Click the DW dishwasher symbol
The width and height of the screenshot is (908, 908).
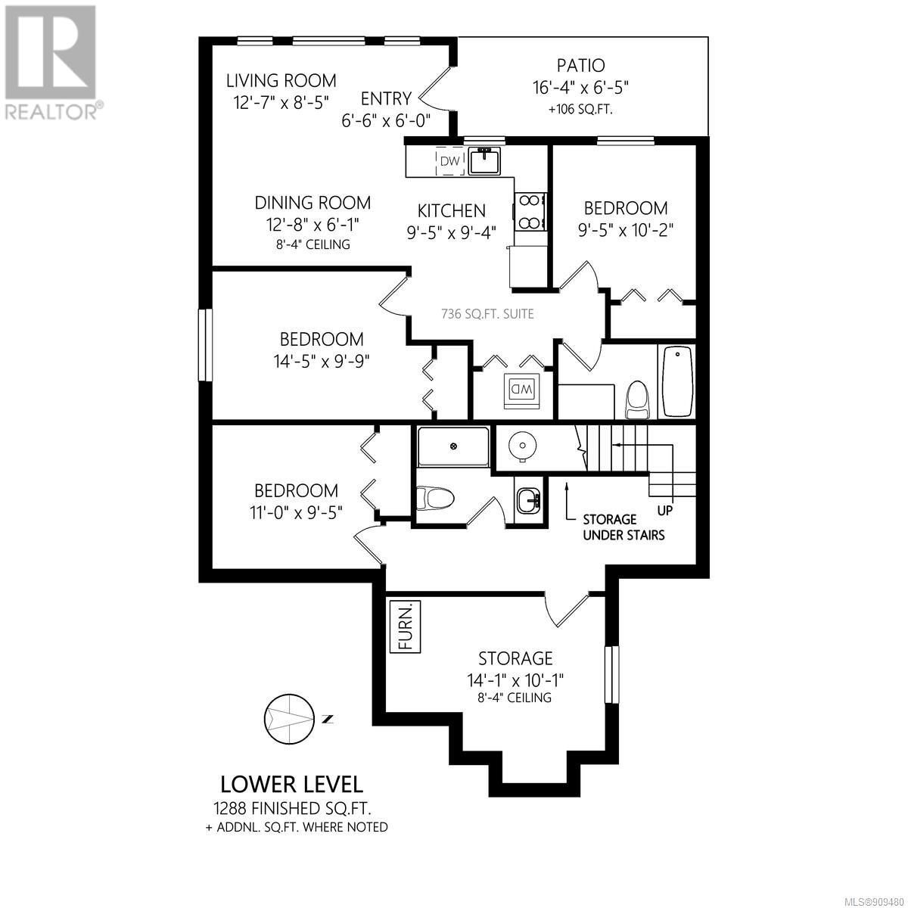point(450,161)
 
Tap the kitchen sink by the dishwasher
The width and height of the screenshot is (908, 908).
point(485,160)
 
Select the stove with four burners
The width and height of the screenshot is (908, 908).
point(530,212)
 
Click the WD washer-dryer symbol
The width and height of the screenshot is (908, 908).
point(521,390)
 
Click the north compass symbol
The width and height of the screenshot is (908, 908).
point(289,719)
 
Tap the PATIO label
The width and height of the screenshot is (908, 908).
point(580,66)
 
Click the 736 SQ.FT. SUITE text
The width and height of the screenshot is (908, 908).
point(487,314)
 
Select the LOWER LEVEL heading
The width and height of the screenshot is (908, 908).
point(291,785)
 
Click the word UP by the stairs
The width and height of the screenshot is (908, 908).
point(665,510)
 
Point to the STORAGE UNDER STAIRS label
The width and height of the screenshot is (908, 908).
point(623,527)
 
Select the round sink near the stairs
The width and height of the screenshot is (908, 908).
point(521,444)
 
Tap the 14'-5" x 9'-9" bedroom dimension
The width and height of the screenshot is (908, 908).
point(322,362)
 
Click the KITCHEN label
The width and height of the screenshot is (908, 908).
point(452,210)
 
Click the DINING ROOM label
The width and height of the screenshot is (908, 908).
point(313,203)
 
